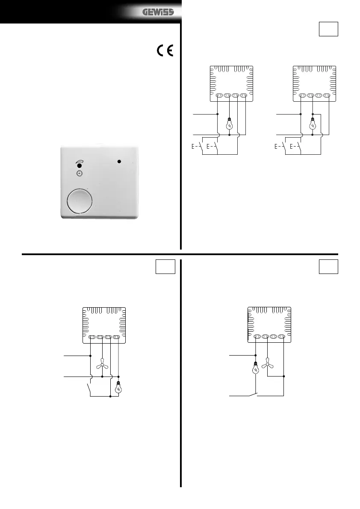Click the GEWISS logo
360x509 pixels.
tap(158, 12)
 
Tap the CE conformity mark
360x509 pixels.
tap(165, 50)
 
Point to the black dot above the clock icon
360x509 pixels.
tap(79, 166)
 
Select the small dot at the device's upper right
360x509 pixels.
tap(119, 162)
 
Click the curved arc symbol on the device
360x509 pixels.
tap(79, 162)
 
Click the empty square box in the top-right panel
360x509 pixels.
tap(328, 29)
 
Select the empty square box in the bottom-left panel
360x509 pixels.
tap(165, 267)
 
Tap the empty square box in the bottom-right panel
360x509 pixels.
tap(328, 267)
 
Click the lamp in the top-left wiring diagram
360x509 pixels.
tap(230, 124)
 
